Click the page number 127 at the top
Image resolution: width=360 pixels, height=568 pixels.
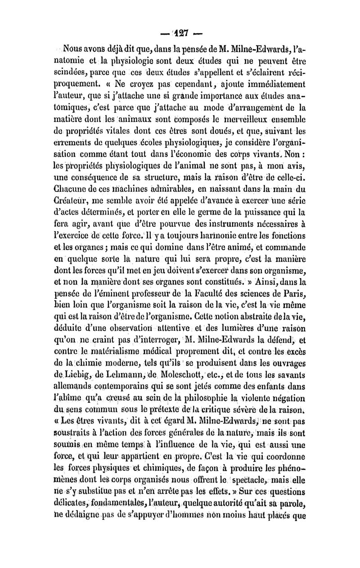(180, 34)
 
